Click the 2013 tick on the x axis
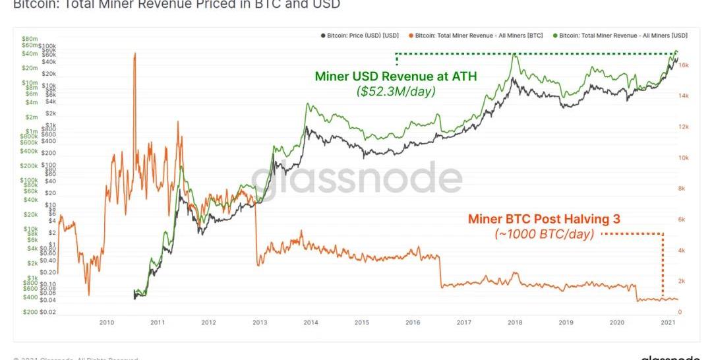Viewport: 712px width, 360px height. [260, 322]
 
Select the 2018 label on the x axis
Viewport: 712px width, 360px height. [515, 322]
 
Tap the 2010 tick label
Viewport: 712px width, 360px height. [107, 322]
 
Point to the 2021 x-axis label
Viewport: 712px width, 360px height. [668, 322]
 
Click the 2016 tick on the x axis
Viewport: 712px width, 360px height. [413, 322]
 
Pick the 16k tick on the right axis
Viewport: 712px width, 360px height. [684, 65]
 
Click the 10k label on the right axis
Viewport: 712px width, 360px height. [684, 158]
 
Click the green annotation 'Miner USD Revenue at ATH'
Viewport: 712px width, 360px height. [396, 76]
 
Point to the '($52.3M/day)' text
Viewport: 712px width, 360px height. [396, 91]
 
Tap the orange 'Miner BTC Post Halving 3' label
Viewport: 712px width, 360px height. [544, 219]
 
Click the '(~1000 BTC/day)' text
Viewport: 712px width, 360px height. [545, 233]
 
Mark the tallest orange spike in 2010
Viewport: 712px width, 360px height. [134, 54]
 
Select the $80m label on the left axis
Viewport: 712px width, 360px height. [29, 38]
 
